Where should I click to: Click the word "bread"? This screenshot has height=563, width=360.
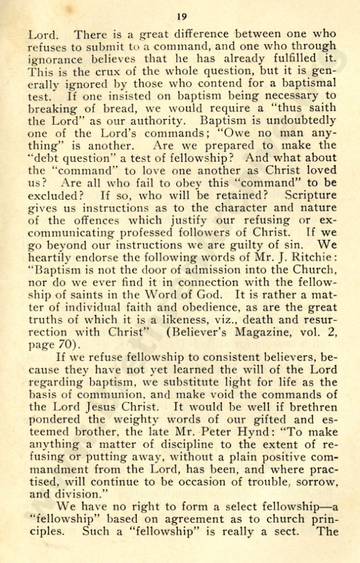143,107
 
